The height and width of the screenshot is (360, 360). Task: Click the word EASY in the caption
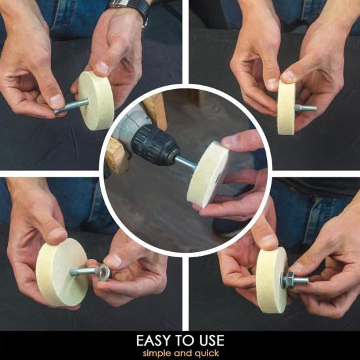click(154, 340)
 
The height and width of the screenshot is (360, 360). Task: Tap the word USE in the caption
click(211, 340)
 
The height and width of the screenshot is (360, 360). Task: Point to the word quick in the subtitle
click(207, 353)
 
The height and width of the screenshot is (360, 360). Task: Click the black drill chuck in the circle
click(155, 145)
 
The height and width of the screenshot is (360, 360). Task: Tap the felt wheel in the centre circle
click(208, 175)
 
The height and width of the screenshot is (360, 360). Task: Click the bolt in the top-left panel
click(71, 107)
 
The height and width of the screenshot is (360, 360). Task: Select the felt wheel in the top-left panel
click(96, 101)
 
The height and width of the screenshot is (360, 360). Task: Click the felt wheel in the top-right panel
click(286, 108)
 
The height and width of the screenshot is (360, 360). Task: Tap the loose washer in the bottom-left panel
click(104, 272)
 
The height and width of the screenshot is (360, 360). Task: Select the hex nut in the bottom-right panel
click(288, 280)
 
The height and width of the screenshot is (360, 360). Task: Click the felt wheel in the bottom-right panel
click(272, 280)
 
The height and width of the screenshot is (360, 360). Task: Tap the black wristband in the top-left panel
click(140, 9)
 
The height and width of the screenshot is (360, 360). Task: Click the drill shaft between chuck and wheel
click(185, 162)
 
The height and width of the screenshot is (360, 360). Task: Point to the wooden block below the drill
click(117, 156)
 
